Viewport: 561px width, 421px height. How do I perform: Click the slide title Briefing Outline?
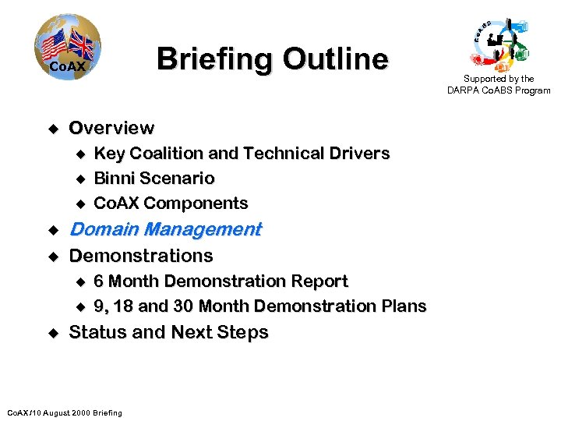click(272, 59)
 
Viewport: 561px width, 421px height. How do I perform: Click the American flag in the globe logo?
click(54, 45)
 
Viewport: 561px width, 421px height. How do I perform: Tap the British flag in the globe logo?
click(80, 44)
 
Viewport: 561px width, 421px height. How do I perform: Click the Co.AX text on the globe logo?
click(66, 68)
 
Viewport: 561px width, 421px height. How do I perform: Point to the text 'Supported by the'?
click(499, 79)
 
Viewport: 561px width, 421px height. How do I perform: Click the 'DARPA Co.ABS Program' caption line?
click(499, 90)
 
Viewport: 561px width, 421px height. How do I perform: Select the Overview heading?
click(111, 128)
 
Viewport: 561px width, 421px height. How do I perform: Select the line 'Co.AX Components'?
click(171, 203)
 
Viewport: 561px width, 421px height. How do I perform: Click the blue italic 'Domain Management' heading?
click(165, 229)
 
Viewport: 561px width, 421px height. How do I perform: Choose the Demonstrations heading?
click(141, 256)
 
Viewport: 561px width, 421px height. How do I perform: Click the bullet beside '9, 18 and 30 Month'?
click(78, 306)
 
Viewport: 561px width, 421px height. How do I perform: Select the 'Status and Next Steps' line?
click(169, 332)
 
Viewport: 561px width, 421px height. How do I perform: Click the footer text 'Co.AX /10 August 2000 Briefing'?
click(64, 412)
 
